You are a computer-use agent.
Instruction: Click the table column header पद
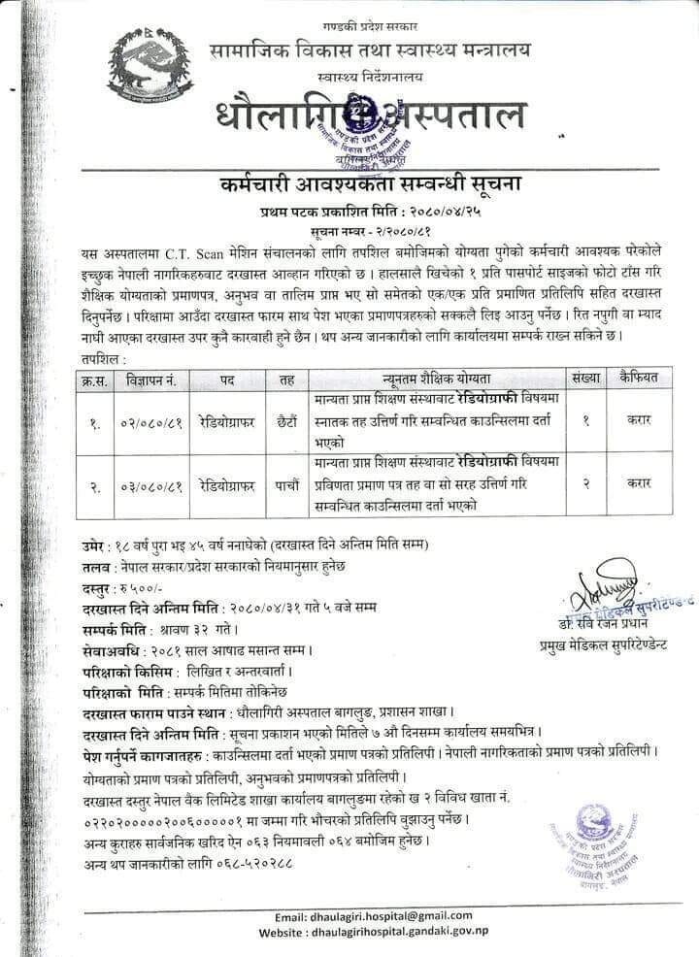point(227,379)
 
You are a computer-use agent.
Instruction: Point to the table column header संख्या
point(585,379)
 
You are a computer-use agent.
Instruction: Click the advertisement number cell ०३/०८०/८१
point(150,483)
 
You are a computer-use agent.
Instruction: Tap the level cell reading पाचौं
point(287,483)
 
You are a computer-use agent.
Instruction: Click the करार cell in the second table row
point(638,482)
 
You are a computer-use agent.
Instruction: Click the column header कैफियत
point(638,379)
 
